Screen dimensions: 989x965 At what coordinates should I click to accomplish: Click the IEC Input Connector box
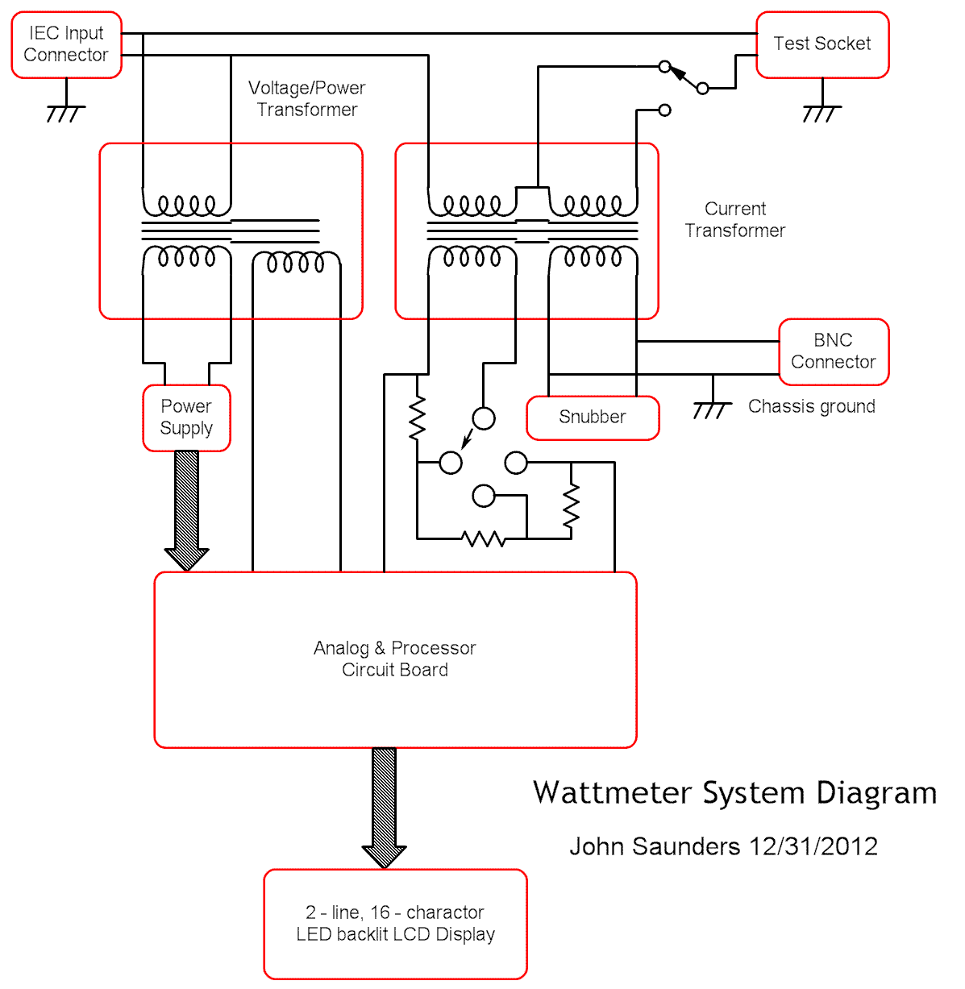[66, 45]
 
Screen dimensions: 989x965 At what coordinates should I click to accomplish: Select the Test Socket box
[822, 45]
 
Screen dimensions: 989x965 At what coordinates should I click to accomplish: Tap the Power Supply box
[186, 418]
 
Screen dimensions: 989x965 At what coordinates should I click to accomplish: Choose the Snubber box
[593, 418]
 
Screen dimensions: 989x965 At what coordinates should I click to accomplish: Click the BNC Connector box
[834, 351]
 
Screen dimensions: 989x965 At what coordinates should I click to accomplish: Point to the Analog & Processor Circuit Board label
[395, 659]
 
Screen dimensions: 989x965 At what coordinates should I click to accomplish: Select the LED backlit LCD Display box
[395, 924]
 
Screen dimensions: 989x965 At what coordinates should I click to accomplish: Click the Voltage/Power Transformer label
[307, 98]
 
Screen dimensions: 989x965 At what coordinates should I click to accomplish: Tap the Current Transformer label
[735, 219]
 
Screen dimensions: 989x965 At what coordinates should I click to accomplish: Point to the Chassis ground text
[811, 406]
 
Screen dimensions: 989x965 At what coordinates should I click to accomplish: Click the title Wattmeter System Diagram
[734, 793]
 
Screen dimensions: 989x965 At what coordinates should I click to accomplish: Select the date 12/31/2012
[813, 846]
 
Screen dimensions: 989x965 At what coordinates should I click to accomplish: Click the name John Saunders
[655, 846]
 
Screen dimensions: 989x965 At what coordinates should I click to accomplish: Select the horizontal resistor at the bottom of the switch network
[484, 538]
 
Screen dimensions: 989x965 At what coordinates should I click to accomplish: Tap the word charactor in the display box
[445, 912]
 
